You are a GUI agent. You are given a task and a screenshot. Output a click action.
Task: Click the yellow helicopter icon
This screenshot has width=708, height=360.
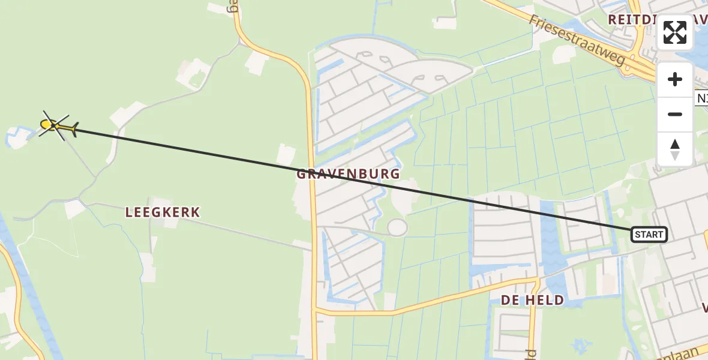click(x=57, y=126)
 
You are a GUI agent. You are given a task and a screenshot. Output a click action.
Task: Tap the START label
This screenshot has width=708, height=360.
click(x=649, y=235)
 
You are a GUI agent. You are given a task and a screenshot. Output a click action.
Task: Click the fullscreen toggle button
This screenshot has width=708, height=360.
click(x=675, y=32)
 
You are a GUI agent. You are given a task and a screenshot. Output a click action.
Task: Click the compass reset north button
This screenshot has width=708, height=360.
click(x=675, y=149)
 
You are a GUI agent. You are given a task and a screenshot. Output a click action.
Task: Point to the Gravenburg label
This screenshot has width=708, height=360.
click(x=348, y=175)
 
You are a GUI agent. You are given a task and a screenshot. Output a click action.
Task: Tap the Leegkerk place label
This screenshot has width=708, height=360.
click(x=163, y=212)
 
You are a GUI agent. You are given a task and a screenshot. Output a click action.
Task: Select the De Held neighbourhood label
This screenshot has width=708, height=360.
click(x=532, y=300)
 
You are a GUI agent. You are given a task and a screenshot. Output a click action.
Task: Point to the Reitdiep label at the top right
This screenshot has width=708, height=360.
click(x=633, y=19)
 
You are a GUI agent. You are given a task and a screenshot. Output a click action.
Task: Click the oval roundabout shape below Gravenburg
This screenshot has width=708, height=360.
click(x=397, y=227)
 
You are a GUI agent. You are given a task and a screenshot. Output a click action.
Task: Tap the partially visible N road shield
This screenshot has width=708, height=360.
click(x=701, y=98)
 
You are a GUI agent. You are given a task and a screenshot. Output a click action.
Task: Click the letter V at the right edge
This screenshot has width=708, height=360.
click(x=704, y=308)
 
